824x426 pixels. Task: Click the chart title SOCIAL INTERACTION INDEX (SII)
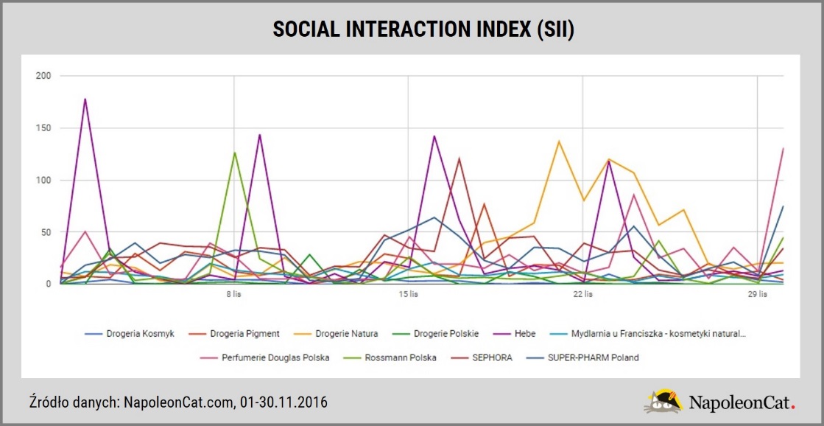[x=412, y=29]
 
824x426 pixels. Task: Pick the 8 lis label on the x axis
[x=234, y=295]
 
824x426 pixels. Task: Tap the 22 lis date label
[x=582, y=295]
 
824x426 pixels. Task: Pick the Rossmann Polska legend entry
[x=404, y=357]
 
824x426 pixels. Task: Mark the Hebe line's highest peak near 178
[x=85, y=99]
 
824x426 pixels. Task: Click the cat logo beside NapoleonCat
[x=663, y=401]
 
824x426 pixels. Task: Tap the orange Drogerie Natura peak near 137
[x=559, y=141]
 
